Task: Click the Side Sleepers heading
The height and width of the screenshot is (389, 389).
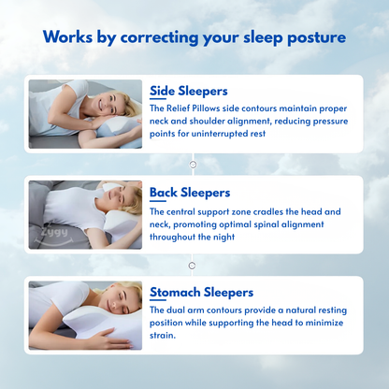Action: click(x=189, y=92)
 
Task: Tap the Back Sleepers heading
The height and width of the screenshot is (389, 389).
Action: click(x=190, y=193)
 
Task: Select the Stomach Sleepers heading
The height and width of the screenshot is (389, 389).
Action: click(x=202, y=292)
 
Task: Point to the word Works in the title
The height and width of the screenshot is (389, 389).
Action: click(x=68, y=37)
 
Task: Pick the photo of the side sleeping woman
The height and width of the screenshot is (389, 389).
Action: click(x=85, y=115)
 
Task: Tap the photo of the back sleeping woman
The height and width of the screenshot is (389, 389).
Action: click(x=85, y=214)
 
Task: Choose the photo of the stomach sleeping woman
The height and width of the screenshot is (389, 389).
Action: click(x=85, y=315)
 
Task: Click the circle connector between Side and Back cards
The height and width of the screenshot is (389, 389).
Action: click(x=194, y=164)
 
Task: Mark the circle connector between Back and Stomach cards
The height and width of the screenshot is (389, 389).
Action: click(x=194, y=265)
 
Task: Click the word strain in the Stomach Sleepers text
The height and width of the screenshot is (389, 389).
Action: click(x=163, y=337)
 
